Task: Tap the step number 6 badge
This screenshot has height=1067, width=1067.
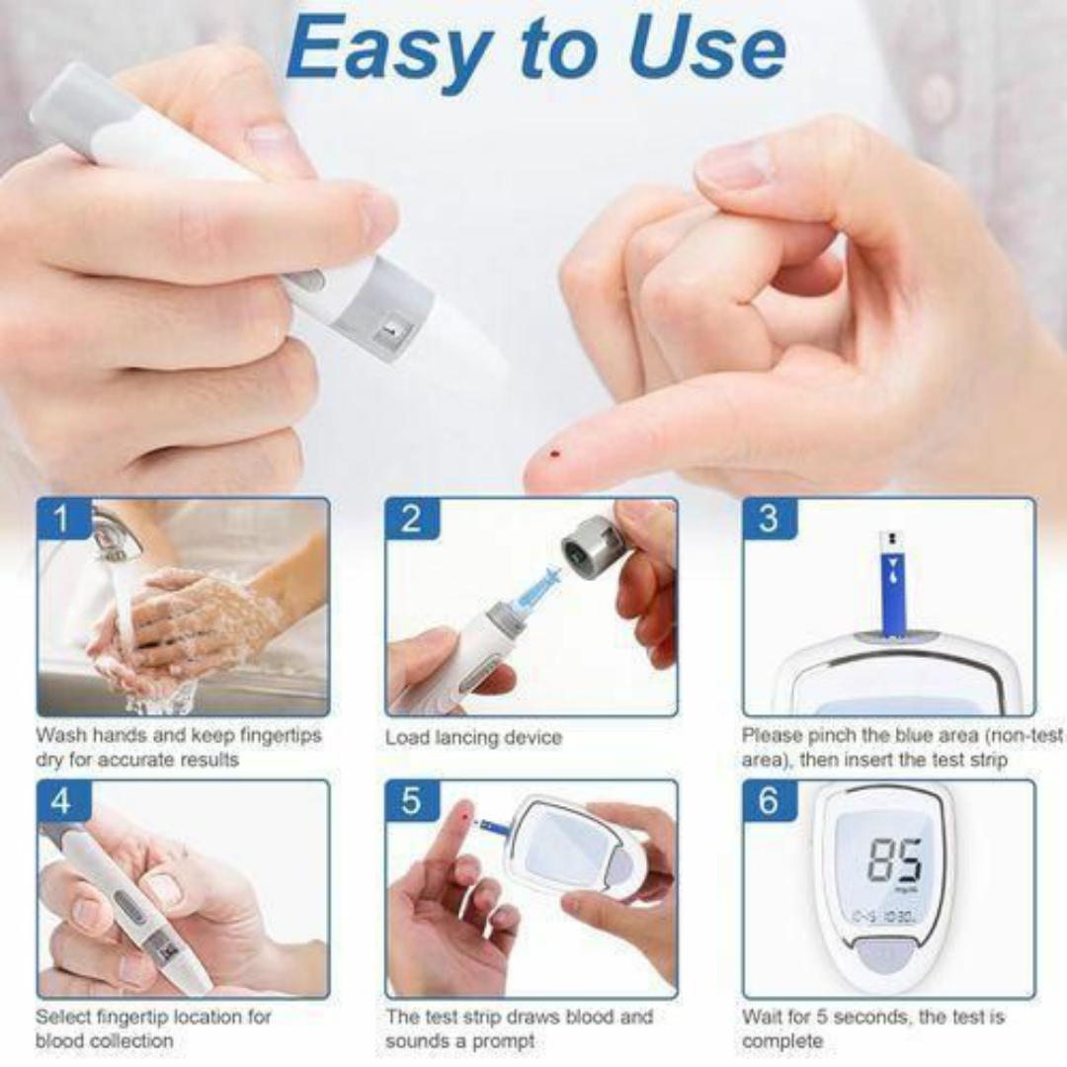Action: [x=769, y=801]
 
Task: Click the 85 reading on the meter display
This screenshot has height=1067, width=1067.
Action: [x=895, y=860]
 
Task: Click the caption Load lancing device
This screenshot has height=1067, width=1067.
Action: [x=473, y=738]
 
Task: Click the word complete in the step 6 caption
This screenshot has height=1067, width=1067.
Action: [x=781, y=1041]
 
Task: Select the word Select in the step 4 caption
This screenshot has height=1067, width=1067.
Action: [x=64, y=1017]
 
